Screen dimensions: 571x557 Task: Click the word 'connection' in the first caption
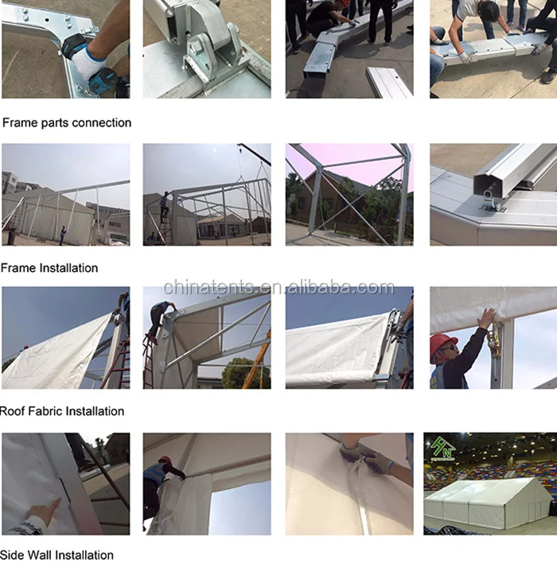click(x=102, y=122)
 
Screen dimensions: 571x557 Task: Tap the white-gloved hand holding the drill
click(x=90, y=60)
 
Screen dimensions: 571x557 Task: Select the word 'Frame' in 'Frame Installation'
click(x=18, y=268)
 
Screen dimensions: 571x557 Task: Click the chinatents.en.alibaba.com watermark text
click(x=278, y=288)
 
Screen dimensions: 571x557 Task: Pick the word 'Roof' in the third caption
click(x=14, y=411)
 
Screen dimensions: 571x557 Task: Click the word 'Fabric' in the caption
click(x=46, y=411)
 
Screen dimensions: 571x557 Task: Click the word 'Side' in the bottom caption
click(x=14, y=555)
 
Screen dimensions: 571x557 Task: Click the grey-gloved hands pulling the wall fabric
click(x=362, y=457)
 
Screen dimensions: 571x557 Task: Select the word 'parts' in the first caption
click(x=54, y=122)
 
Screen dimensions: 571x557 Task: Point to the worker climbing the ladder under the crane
click(x=163, y=208)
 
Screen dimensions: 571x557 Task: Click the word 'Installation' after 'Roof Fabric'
click(x=95, y=411)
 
